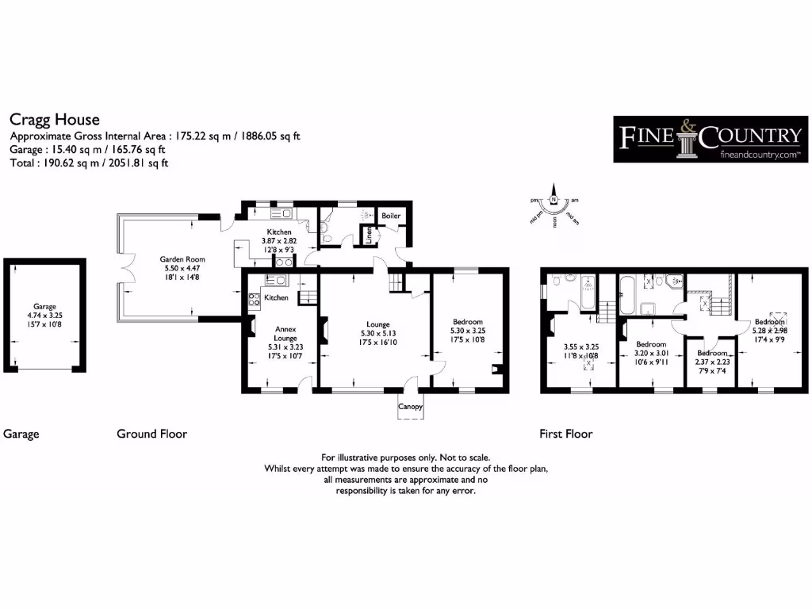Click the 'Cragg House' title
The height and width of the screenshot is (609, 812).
[55, 120]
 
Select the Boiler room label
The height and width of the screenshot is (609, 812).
[391, 216]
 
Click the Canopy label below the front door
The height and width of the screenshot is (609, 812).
[410, 408]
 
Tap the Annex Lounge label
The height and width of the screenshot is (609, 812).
[285, 333]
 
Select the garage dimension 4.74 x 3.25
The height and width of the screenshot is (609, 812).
[44, 315]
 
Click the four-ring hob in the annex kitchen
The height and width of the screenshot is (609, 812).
[255, 299]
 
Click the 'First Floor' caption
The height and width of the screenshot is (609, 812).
[566, 434]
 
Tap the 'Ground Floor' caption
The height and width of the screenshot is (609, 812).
[151, 434]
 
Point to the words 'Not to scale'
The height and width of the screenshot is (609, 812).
[464, 458]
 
